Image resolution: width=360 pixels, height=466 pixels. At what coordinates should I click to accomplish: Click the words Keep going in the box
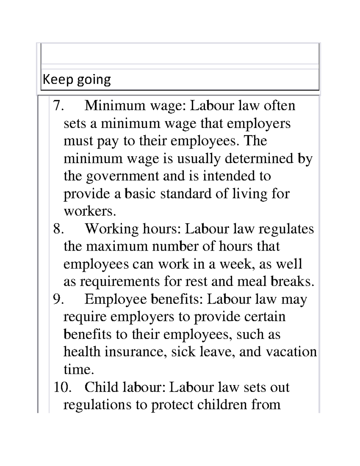coord(77,80)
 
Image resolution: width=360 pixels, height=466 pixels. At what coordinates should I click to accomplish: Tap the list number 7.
coord(58,106)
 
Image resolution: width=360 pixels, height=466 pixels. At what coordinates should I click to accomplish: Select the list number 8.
coord(58,229)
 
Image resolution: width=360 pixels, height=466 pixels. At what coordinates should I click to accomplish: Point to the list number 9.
coord(58,299)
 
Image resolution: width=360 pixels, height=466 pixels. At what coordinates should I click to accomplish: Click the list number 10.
coord(62,387)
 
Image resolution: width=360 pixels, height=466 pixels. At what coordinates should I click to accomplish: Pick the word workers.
coord(89,211)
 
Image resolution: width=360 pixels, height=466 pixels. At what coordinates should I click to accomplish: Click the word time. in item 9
coord(79,369)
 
